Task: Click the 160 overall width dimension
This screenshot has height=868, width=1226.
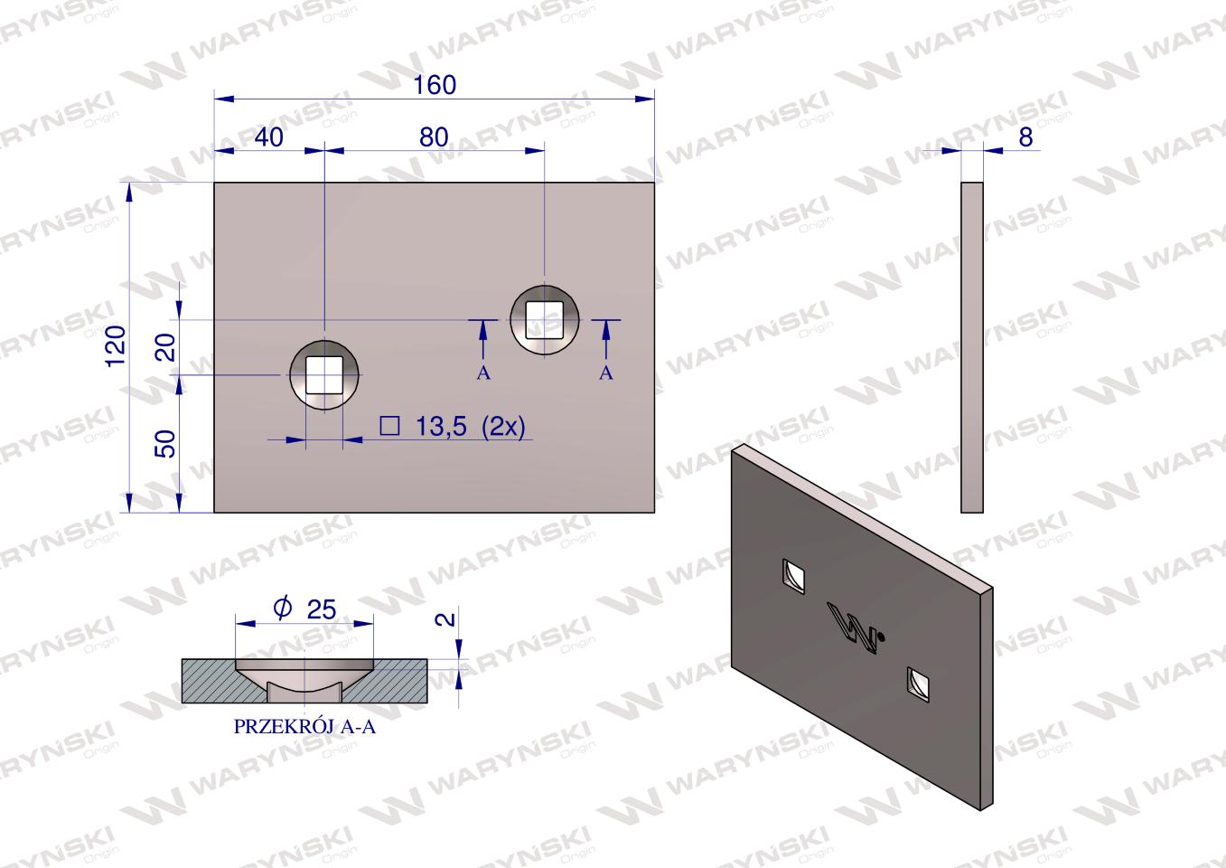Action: [435, 85]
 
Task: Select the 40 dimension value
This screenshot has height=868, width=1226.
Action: [269, 137]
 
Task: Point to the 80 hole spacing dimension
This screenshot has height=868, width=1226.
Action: [434, 137]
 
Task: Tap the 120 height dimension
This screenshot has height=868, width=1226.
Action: [117, 346]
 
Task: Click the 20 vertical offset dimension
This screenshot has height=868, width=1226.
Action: [166, 347]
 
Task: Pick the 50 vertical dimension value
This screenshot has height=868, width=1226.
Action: [166, 444]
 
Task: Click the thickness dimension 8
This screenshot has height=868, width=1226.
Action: [1025, 137]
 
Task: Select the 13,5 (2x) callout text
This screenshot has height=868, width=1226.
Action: [471, 426]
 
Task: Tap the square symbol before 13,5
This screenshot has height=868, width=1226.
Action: [389, 426]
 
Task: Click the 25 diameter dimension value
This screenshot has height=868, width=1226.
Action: [322, 609]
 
